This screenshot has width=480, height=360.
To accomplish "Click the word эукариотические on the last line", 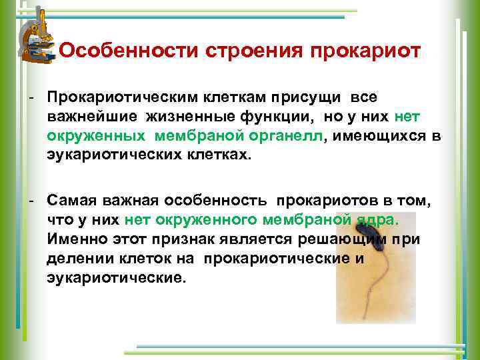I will point(113,277).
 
